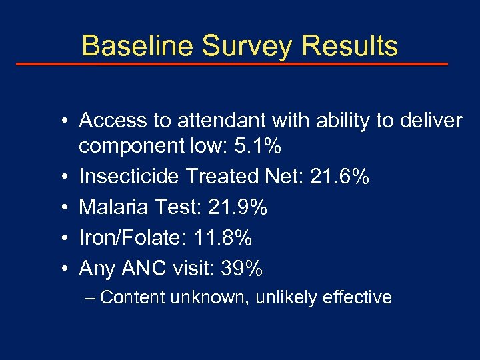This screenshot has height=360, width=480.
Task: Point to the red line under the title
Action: [x=232, y=64]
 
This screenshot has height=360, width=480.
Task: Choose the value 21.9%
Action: [x=238, y=207]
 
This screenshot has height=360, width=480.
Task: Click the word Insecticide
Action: [x=129, y=177]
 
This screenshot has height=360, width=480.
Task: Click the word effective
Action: [x=356, y=297]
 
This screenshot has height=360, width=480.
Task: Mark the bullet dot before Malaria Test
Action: [x=60, y=208]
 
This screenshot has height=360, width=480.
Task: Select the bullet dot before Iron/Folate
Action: [x=60, y=239]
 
